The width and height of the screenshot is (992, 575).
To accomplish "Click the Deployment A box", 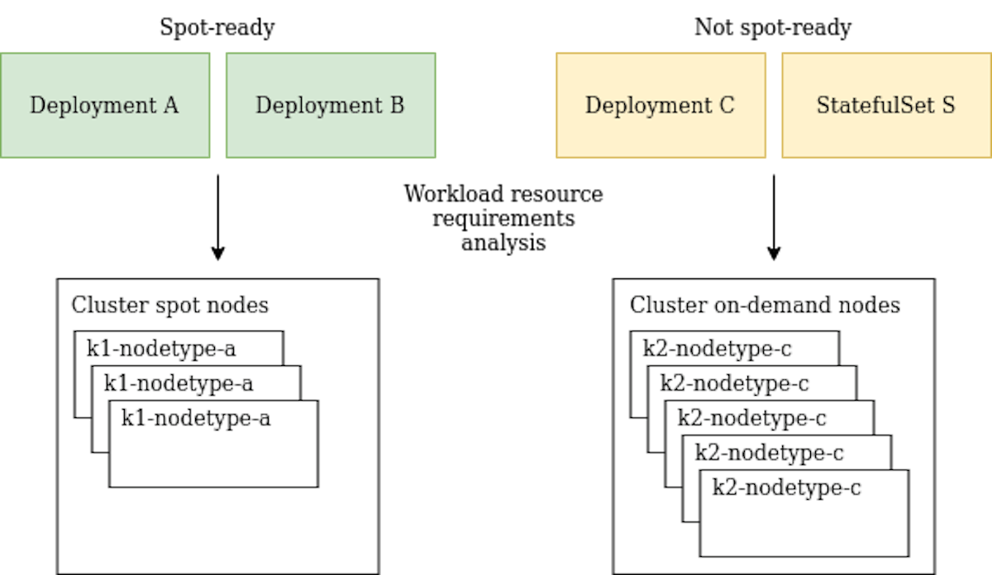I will pos(104,106).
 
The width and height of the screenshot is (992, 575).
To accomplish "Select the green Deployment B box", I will pos(331,106).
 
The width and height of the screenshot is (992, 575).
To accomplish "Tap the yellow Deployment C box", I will pos(660,106).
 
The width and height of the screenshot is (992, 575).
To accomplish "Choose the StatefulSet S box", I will pos(886,106).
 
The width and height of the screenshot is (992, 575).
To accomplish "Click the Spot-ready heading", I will pos(217,28).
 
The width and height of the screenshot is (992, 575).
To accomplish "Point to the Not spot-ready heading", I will pos(773,28).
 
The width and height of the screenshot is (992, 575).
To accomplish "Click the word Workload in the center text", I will pos(453,195).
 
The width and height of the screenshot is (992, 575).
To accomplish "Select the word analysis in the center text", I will pos(503,244).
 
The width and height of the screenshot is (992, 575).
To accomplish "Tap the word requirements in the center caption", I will pos(503,220).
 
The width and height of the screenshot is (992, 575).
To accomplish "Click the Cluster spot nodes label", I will pos(169,305).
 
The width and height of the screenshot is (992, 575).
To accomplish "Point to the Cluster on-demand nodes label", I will pos(765,305).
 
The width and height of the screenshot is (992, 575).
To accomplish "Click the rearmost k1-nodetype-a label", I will pos(161,349).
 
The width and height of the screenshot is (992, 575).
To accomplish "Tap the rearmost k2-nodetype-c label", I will pos(718,349).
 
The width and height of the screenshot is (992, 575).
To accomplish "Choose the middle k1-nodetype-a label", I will pos(179,383).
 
